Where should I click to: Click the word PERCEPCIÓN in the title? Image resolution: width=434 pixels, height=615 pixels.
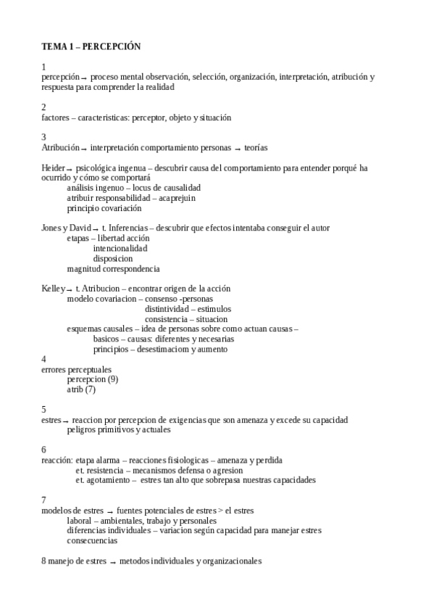[x=112, y=46]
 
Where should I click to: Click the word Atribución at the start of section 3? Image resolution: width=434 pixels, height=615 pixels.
[x=60, y=148]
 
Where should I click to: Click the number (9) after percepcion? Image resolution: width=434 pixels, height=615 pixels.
[x=112, y=379]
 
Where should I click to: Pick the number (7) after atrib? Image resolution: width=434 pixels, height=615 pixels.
[x=90, y=389]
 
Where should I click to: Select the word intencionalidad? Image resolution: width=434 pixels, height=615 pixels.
[x=120, y=249]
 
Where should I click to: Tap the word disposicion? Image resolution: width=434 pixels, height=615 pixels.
[x=113, y=258]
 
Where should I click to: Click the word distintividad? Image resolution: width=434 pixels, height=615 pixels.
[x=168, y=309]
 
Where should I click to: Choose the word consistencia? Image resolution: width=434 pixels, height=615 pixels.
[x=167, y=319]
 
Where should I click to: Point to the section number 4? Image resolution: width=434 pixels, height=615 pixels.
[x=44, y=359]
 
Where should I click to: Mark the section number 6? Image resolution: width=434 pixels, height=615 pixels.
[x=44, y=450]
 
